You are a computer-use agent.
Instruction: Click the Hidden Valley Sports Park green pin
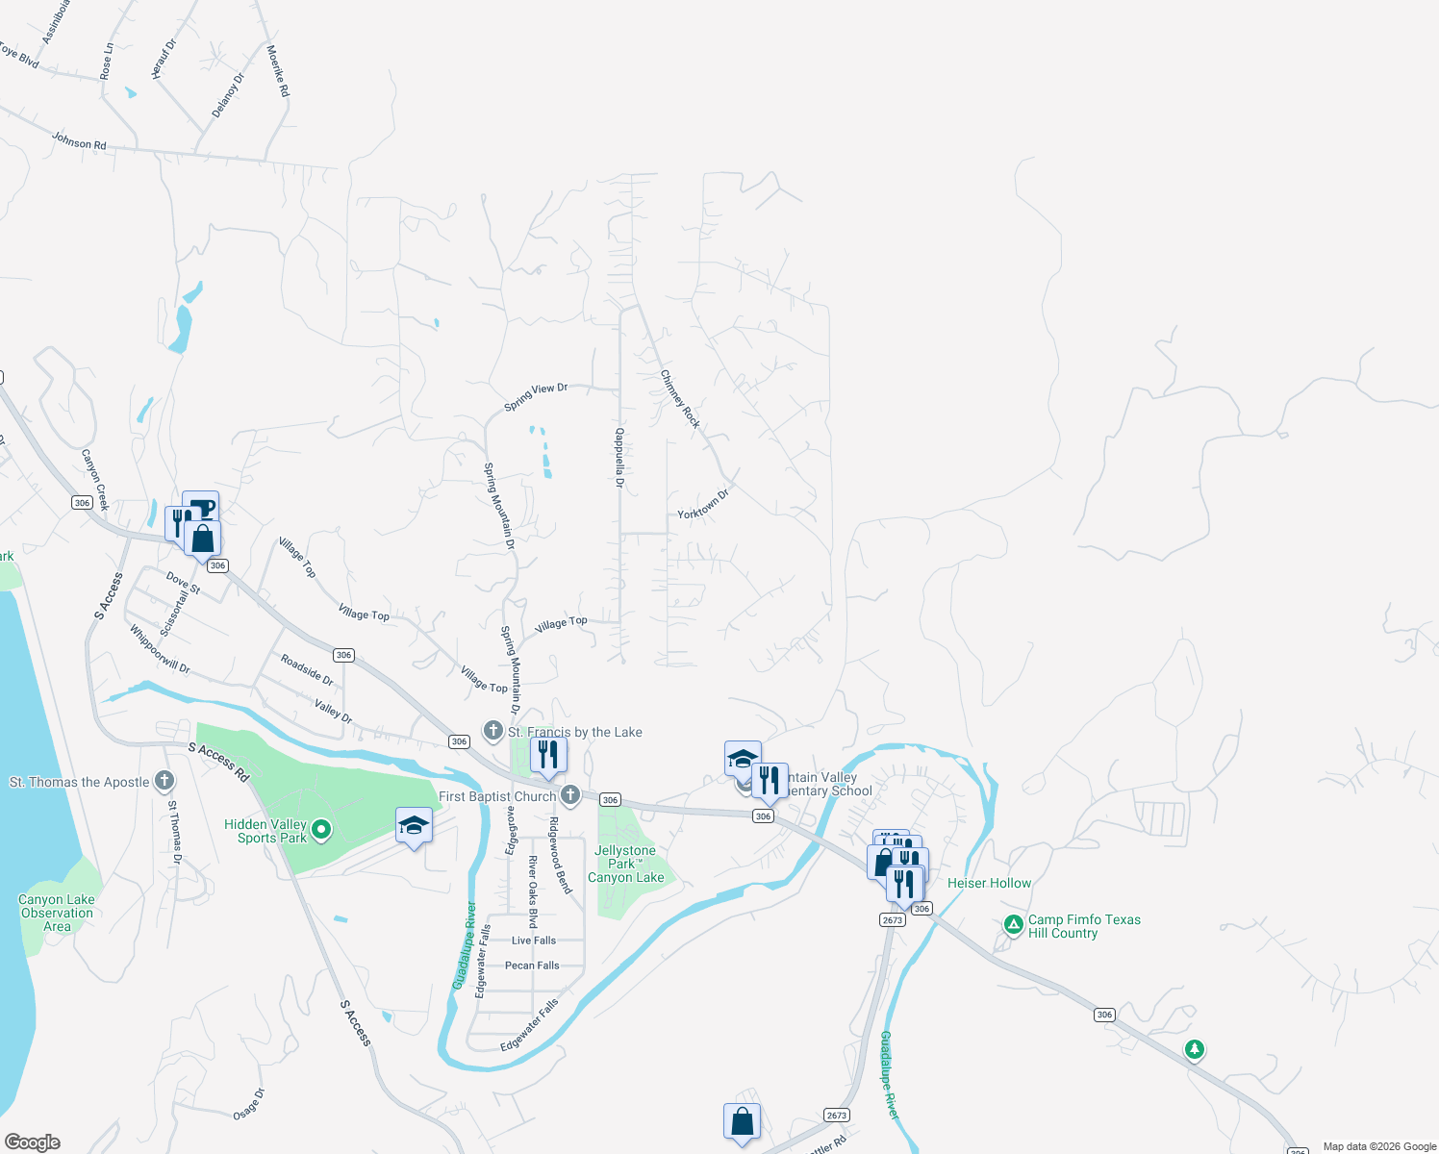click(x=322, y=829)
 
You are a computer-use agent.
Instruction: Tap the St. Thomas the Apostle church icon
click(x=164, y=780)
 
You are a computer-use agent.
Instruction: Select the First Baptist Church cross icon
click(x=570, y=794)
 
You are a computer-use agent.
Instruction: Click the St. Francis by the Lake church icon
click(x=493, y=731)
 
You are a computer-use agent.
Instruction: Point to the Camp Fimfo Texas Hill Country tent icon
click(x=1013, y=924)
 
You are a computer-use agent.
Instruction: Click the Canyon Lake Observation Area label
click(x=57, y=913)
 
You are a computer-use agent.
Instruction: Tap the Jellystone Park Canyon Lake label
click(x=625, y=864)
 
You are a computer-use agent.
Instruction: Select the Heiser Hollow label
click(x=989, y=883)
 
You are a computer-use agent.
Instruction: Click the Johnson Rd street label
click(x=79, y=141)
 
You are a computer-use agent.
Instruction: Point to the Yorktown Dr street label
click(x=703, y=504)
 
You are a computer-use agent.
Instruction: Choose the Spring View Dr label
click(x=536, y=396)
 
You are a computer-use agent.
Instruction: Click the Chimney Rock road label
click(x=680, y=398)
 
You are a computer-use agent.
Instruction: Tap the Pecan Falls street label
click(x=532, y=966)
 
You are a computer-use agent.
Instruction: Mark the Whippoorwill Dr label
click(x=160, y=649)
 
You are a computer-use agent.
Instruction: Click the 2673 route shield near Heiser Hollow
click(x=892, y=920)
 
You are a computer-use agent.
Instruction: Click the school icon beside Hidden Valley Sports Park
click(x=414, y=826)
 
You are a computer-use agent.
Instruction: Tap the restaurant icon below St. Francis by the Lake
click(x=548, y=754)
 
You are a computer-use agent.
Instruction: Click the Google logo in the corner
click(x=32, y=1142)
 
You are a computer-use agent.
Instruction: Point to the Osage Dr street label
click(x=248, y=1104)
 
